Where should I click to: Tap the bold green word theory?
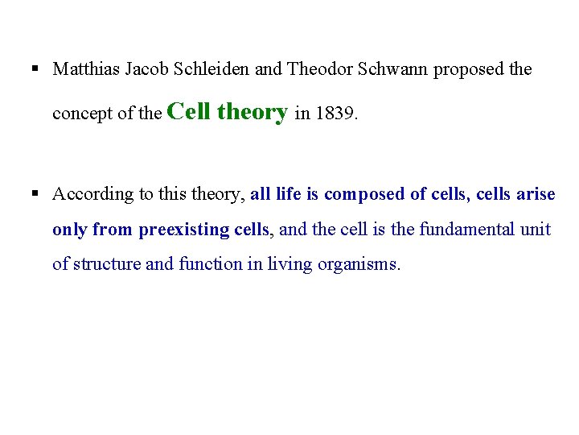tap(252, 112)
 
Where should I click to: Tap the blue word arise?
tap(536, 194)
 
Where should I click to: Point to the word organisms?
tap(360, 265)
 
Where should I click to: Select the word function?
tap(199, 264)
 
